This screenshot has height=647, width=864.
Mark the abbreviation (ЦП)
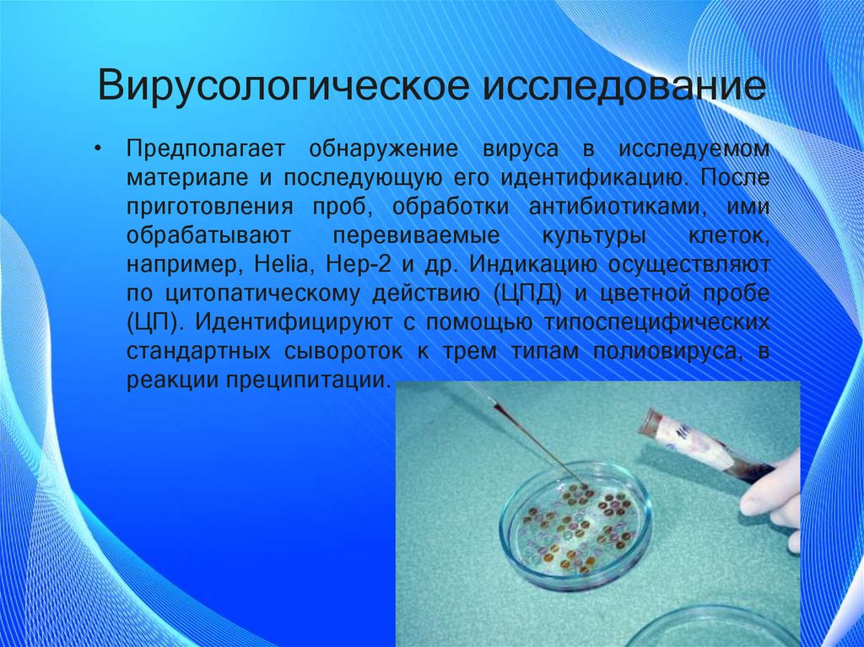click(153, 323)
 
